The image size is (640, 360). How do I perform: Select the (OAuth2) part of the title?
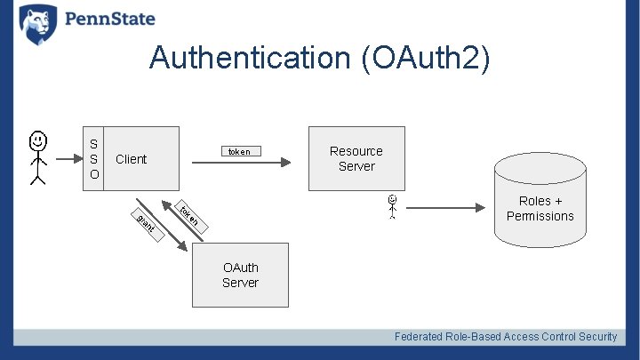pyautogui.click(x=425, y=58)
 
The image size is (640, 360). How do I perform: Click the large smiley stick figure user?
pyautogui.click(x=37, y=157)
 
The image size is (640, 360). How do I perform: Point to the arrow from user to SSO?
pyautogui.click(x=68, y=160)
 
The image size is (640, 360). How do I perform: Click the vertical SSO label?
pyautogui.click(x=93, y=158)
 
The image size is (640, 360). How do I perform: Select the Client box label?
pyautogui.click(x=131, y=159)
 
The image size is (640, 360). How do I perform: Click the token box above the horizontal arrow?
pyautogui.click(x=239, y=151)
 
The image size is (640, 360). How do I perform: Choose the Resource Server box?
pyautogui.click(x=356, y=158)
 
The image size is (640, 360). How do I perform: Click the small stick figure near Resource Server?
pyautogui.click(x=391, y=205)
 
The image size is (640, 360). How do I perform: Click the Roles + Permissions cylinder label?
pyautogui.click(x=540, y=208)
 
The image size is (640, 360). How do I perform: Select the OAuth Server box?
pyautogui.click(x=240, y=275)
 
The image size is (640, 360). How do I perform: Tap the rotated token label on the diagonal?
pyautogui.click(x=189, y=216)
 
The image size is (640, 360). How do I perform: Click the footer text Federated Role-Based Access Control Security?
pyautogui.click(x=505, y=336)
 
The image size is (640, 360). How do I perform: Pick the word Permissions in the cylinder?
pyautogui.click(x=540, y=216)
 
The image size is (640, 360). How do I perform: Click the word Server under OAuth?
pyautogui.click(x=240, y=283)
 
